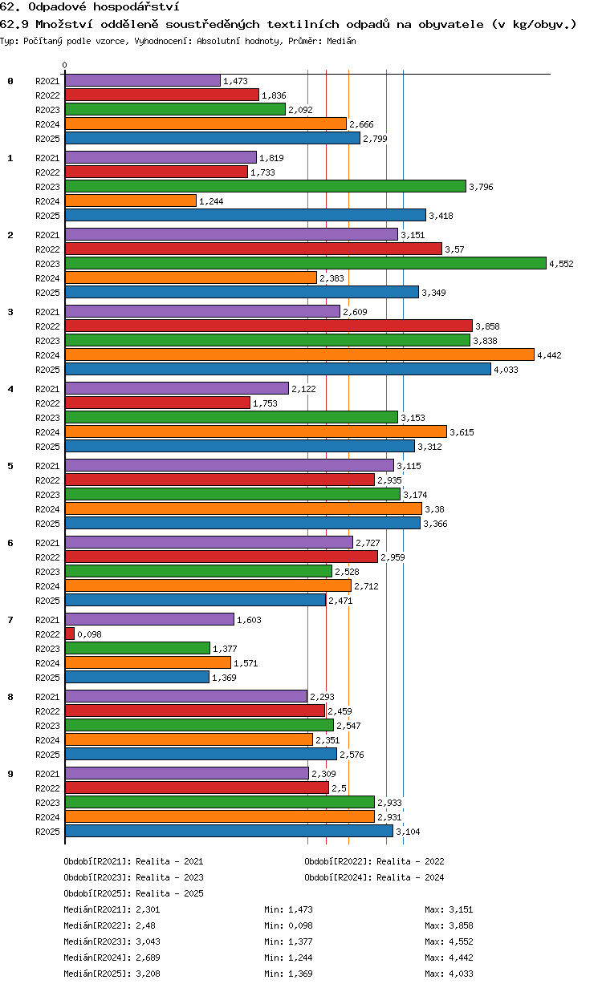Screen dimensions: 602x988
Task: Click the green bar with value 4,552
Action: pyautogui.click(x=305, y=263)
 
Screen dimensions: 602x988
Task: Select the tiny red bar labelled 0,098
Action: pyautogui.click(x=70, y=634)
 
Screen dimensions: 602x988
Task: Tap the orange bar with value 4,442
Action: pyautogui.click(x=299, y=354)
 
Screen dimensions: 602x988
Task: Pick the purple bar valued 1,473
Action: pyautogui.click(x=143, y=80)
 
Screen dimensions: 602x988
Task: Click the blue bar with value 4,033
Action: pyautogui.click(x=278, y=369)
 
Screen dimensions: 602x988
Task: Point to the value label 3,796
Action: pyautogui.click(x=481, y=187)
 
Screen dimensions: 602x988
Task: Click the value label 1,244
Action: pyautogui.click(x=211, y=201)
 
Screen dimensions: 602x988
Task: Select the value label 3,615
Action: pyautogui.click(x=462, y=432)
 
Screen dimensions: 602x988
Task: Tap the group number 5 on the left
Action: pyautogui.click(x=10, y=466)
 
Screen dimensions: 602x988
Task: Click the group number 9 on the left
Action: pyautogui.click(x=10, y=774)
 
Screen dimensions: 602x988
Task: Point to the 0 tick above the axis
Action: pyautogui.click(x=65, y=65)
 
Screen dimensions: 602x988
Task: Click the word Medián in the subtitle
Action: pyautogui.click(x=341, y=41)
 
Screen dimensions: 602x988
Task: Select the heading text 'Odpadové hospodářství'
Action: pyautogui.click(x=104, y=6)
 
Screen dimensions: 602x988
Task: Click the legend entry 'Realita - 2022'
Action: pyautogui.click(x=410, y=861)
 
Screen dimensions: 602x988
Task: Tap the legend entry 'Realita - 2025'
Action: pyautogui.click(x=169, y=893)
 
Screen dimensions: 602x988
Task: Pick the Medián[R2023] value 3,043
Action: pyautogui.click(x=148, y=941)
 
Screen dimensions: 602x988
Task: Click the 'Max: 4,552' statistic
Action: pyautogui.click(x=449, y=941)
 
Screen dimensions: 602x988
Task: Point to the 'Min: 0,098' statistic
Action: pyautogui.click(x=288, y=925)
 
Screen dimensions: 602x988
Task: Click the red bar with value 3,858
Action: pyautogui.click(x=269, y=326)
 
